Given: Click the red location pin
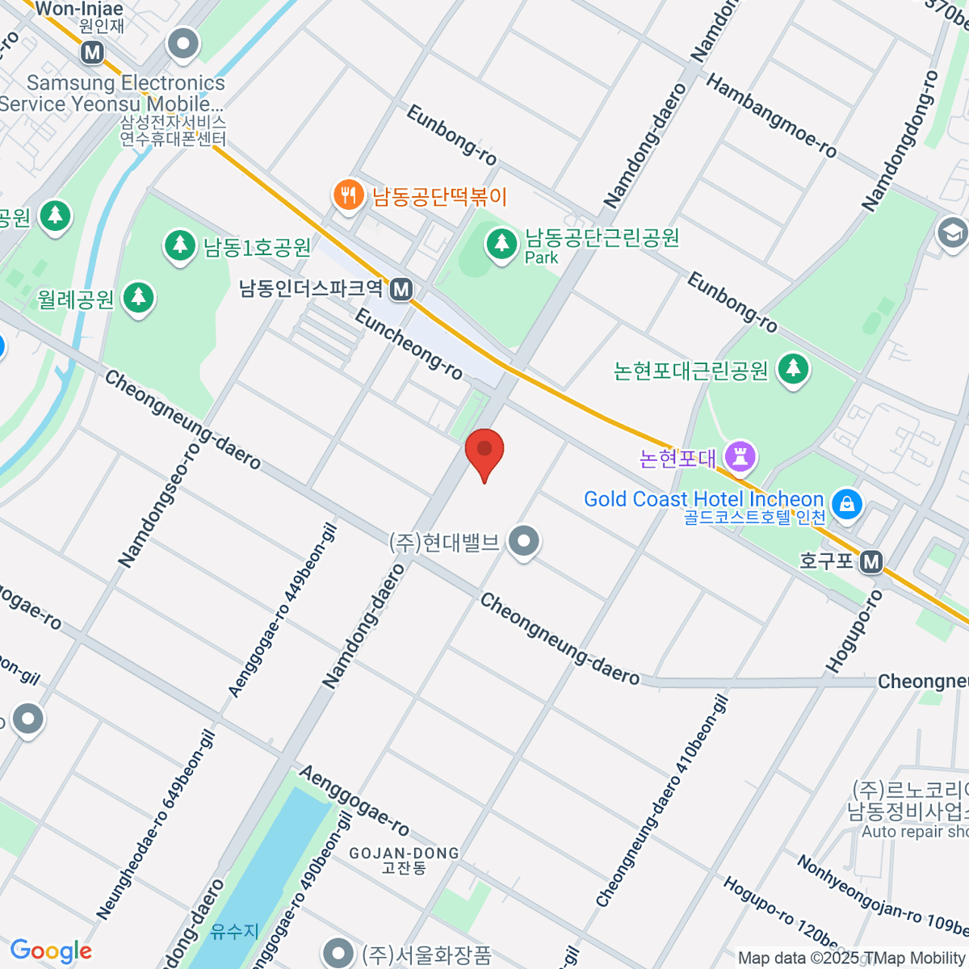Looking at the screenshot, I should tap(484, 451).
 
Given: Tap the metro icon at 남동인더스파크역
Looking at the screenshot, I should tap(401, 289).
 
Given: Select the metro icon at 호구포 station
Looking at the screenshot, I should tap(871, 561).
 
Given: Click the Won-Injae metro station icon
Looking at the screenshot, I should tap(93, 52).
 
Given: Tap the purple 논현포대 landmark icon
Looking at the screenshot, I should tap(740, 457).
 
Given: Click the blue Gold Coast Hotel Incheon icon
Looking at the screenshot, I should tap(846, 504).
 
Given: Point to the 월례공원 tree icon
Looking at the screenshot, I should tap(138, 297).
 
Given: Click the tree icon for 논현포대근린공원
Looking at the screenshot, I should tap(793, 369).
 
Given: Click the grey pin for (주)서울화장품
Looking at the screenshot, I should tap(338, 953).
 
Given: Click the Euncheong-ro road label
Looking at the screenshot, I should tap(409, 344).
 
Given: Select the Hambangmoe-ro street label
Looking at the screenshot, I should tap(771, 115).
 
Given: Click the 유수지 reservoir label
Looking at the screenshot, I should tap(234, 932).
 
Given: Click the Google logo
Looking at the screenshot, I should tap(51, 951).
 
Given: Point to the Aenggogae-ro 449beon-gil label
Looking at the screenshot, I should tap(282, 611).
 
